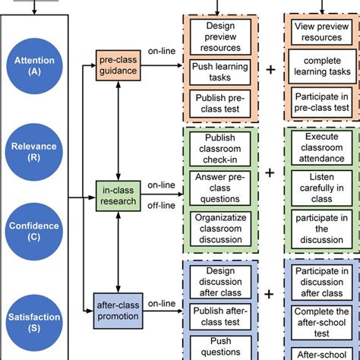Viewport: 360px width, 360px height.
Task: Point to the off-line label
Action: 162,205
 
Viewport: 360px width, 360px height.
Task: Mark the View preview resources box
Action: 320,32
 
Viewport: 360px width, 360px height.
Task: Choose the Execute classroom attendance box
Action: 320,146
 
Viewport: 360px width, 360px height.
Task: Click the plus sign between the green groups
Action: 269,172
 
